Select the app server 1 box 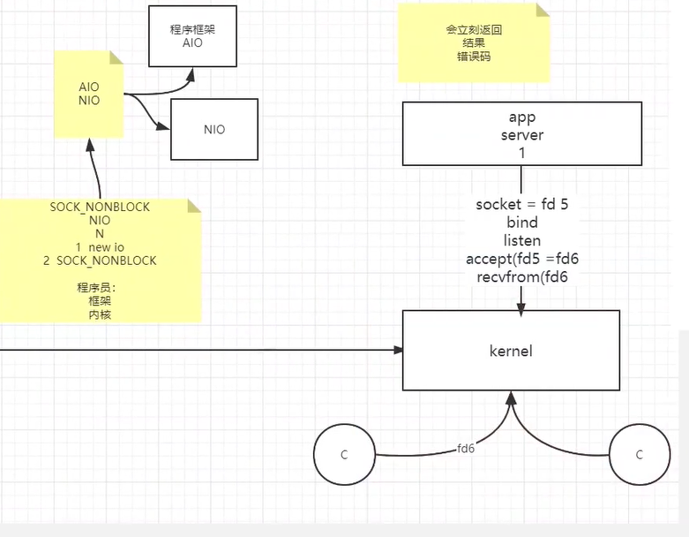521,134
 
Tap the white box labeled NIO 213,129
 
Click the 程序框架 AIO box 192,35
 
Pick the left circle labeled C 344,455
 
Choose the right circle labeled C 639,455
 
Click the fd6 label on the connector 466,449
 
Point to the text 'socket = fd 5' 521,204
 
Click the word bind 521,223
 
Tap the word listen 521,240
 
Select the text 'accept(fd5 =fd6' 521,259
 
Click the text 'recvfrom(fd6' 521,276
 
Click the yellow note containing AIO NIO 89,94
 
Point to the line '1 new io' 100,247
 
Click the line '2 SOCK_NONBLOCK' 100,261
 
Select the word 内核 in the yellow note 100,314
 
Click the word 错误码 474,56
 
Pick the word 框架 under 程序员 100,301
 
